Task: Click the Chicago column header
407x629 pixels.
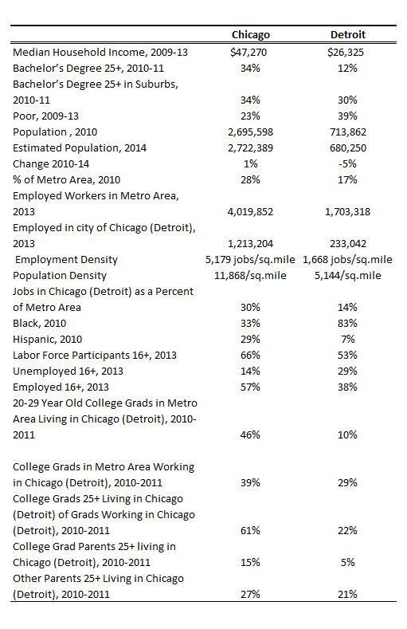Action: (251, 35)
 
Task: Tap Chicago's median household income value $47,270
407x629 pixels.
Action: (251, 52)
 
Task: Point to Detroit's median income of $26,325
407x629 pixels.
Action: (346, 52)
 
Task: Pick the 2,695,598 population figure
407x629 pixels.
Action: (251, 132)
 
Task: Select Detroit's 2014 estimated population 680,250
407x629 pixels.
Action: (346, 147)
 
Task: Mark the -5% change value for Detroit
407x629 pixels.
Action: (346, 163)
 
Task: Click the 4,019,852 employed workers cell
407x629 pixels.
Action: (251, 211)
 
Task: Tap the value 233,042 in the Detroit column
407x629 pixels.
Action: (346, 243)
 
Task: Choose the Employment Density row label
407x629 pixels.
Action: (66, 259)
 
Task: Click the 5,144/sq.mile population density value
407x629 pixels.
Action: (346, 275)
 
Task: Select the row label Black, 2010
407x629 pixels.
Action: (40, 323)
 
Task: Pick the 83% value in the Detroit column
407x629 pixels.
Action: (346, 323)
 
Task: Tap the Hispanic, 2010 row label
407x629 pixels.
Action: (46, 339)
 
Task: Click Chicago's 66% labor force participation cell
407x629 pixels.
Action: (251, 355)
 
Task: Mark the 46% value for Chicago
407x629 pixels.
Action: (251, 434)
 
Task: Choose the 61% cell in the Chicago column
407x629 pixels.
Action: (251, 530)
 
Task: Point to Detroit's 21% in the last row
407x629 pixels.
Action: (346, 594)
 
